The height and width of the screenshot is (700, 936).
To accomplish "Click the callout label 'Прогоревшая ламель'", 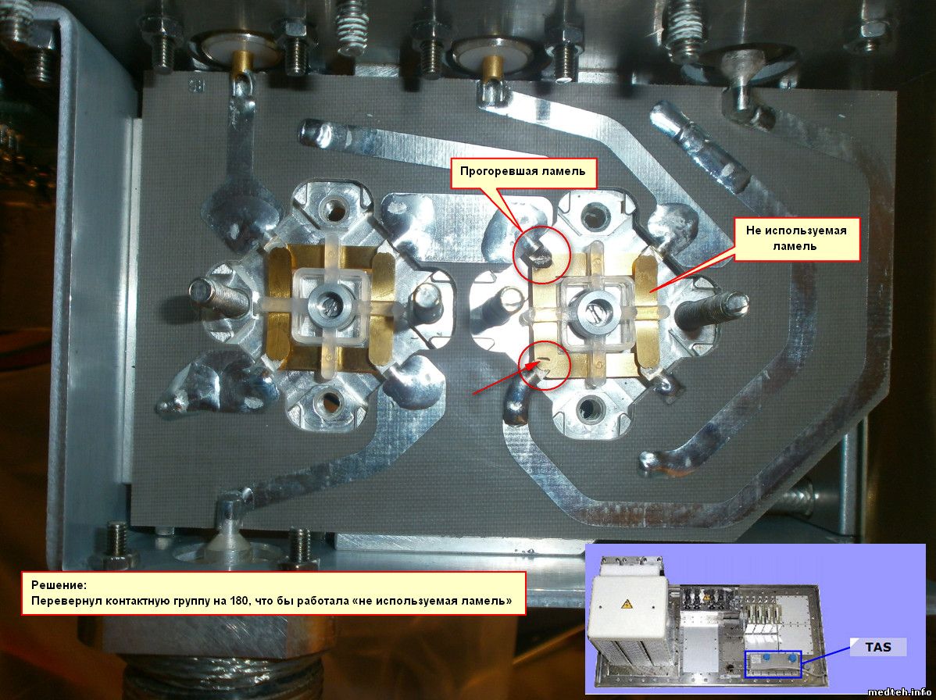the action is [x=523, y=172].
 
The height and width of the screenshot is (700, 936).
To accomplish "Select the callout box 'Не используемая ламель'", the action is [x=796, y=238].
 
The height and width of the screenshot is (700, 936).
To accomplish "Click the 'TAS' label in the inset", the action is [x=878, y=647].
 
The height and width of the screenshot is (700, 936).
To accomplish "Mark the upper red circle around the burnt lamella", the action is [x=542, y=254].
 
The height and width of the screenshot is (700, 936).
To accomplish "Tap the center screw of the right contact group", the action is [x=590, y=307].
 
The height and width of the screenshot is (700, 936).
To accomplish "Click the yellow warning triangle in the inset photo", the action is [x=626, y=603].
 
